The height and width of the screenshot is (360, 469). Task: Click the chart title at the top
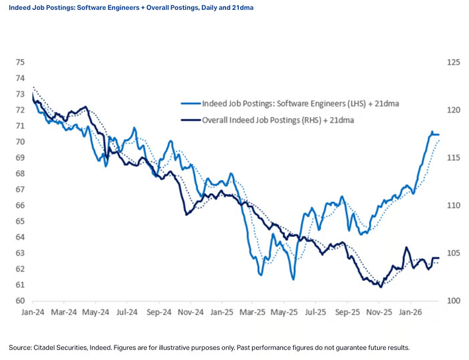coord(131,7)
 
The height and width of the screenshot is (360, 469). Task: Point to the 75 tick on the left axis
coord(20,62)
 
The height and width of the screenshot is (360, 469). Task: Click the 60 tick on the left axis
coord(20,300)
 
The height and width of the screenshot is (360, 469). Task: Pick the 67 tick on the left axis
coord(20,189)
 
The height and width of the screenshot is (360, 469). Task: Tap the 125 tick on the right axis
coord(453,62)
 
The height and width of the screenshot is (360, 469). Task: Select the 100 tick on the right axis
coord(453,300)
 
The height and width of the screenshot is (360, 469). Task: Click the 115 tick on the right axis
coord(453,157)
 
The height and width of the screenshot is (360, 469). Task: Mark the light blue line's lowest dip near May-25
coord(293,279)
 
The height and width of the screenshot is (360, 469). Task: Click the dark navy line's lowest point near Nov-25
coord(380,287)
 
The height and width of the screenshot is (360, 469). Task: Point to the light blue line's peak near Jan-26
coord(433,132)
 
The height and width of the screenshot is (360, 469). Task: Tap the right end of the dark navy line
coord(439,258)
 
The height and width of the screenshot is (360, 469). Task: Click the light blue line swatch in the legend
coord(191,103)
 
